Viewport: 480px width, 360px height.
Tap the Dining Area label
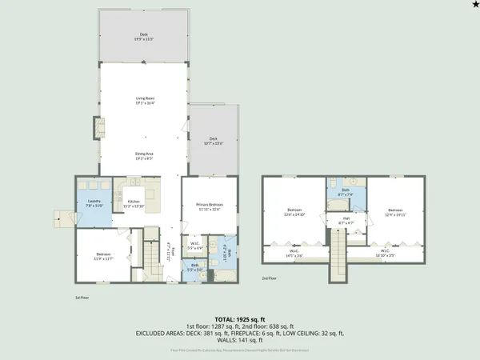(145, 155)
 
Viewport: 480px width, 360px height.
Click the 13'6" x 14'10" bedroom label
(295, 212)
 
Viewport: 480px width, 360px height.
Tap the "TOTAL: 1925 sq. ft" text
(240, 318)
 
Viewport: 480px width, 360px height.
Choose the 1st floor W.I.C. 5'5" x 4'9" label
(194, 246)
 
